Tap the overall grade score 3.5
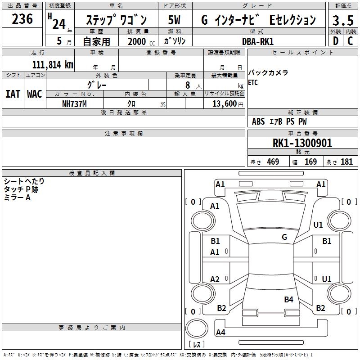343,21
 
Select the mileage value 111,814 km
53,64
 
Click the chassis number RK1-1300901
302,144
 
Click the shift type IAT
13,94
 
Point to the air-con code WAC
35,94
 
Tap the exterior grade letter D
335,41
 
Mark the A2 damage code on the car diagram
215,279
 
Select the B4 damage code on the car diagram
289,299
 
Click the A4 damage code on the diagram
220,333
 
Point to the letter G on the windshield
284,237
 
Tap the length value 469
273,162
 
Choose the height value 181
346,162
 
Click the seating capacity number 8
186,85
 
